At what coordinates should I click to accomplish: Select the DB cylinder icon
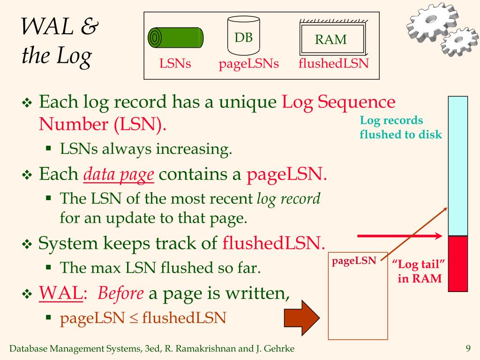pyautogui.click(x=243, y=36)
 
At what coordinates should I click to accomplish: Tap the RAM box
pyautogui.click(x=332, y=39)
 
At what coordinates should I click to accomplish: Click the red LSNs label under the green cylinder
pyautogui.click(x=175, y=63)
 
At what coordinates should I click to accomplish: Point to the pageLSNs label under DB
pyautogui.click(x=249, y=64)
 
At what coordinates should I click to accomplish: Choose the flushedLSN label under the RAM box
pyautogui.click(x=333, y=63)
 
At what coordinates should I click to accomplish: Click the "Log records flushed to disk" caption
pyautogui.click(x=400, y=127)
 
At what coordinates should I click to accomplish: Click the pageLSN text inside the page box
pyautogui.click(x=354, y=261)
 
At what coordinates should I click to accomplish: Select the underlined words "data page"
pyautogui.click(x=119, y=175)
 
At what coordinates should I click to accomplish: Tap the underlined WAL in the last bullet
pyautogui.click(x=60, y=293)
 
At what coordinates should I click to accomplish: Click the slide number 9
pyautogui.click(x=467, y=348)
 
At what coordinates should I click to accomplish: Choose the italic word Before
pyautogui.click(x=120, y=293)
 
